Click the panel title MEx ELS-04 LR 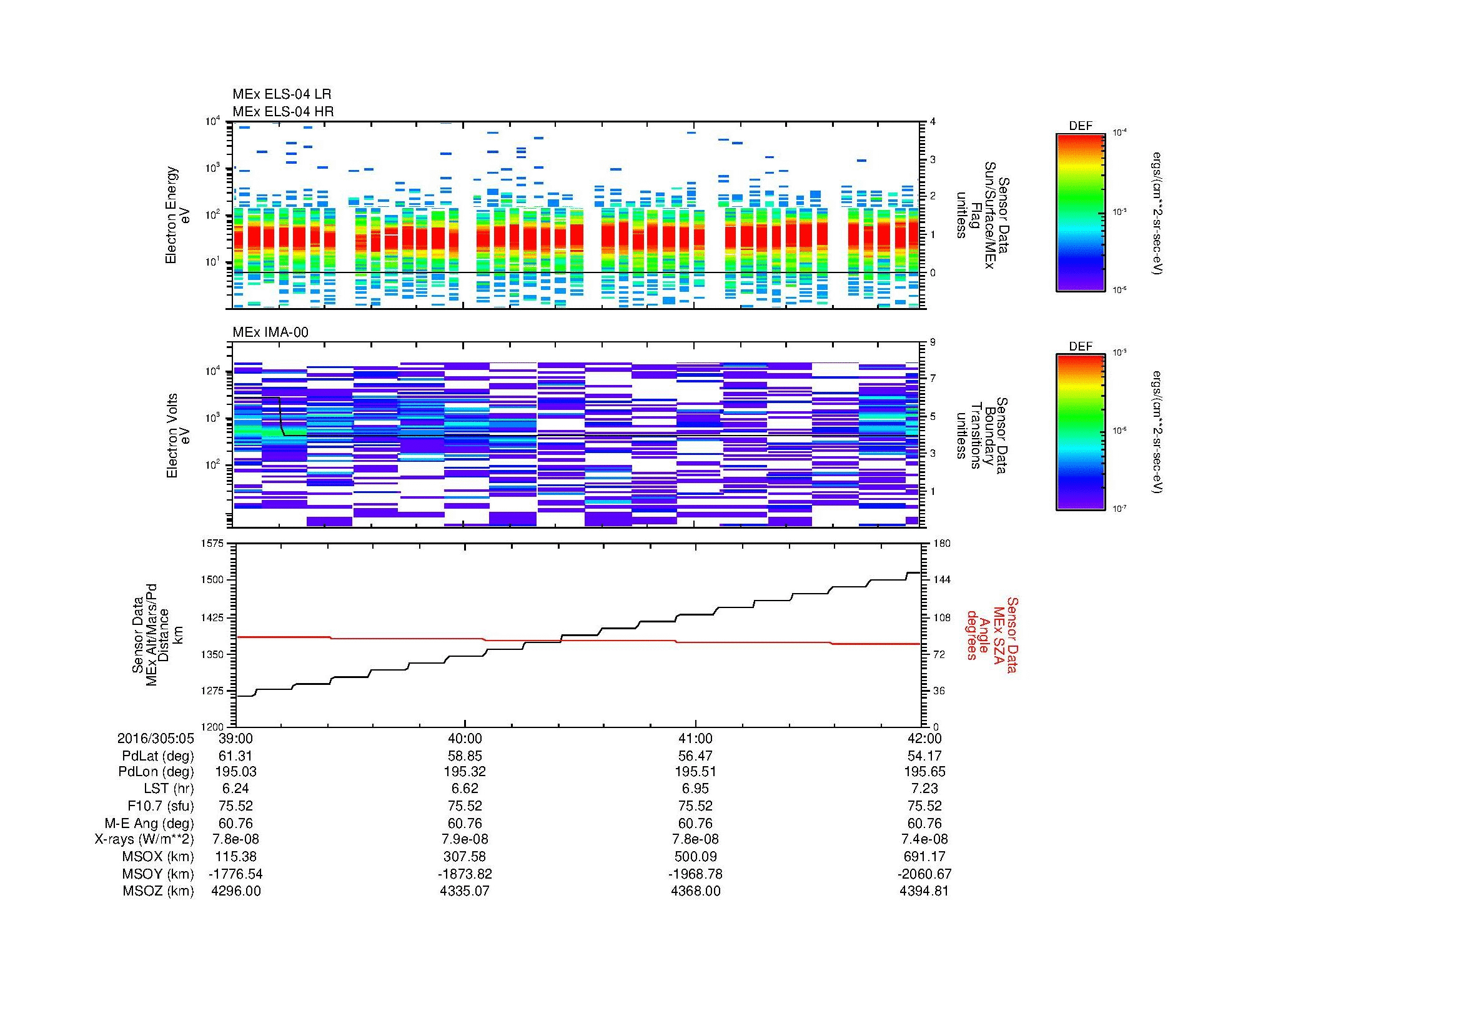(282, 95)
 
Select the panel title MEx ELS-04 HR (283, 112)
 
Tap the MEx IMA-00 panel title (270, 332)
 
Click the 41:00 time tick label (695, 739)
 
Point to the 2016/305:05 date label (156, 739)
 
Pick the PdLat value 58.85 (465, 756)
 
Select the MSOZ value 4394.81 (924, 891)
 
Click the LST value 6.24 (236, 789)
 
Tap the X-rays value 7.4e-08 (924, 839)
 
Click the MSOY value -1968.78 (695, 874)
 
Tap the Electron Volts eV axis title (179, 436)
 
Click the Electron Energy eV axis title (178, 215)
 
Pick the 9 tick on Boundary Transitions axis (933, 342)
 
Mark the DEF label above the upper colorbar (1080, 126)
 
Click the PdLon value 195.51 (695, 772)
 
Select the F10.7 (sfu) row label (161, 806)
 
